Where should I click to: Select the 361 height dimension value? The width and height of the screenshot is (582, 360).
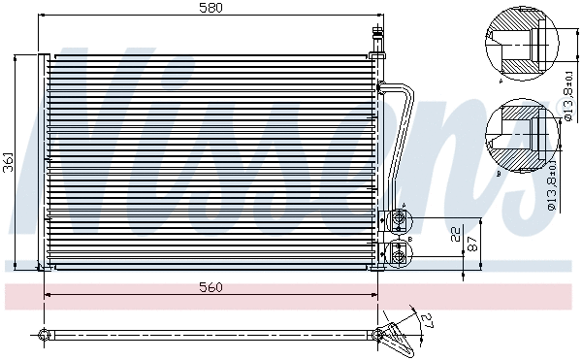(9, 162)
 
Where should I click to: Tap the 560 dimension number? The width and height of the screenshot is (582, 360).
(210, 286)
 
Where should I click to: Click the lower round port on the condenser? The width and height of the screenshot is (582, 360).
(398, 254)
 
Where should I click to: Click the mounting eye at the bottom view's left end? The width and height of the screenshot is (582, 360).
(43, 336)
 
